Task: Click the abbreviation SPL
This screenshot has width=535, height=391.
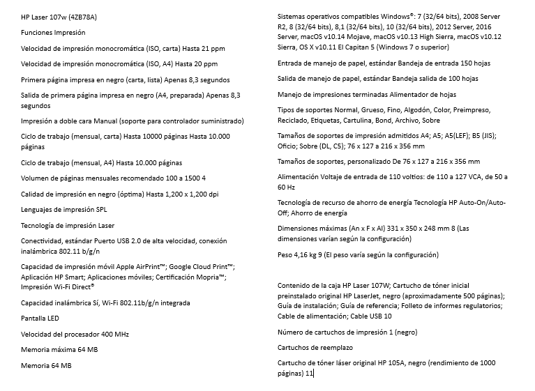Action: point(101,209)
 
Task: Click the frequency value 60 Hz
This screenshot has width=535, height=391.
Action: point(287,187)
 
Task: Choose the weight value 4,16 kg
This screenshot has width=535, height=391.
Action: point(304,254)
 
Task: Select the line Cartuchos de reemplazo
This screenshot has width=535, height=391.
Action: point(315,347)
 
